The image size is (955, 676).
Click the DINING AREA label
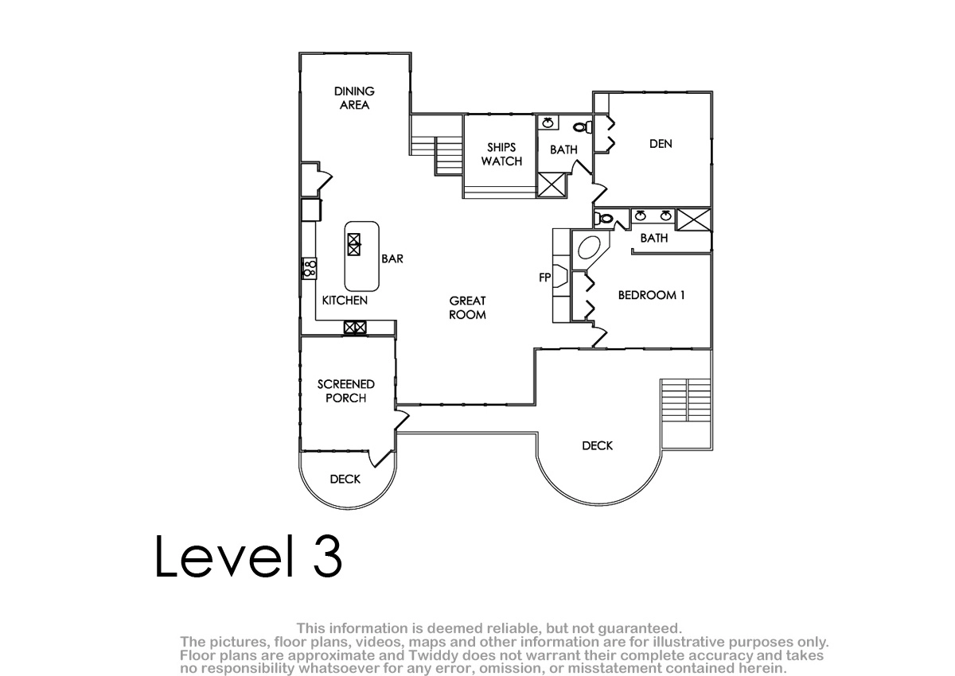pyautogui.click(x=354, y=98)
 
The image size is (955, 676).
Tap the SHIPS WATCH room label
pyautogui.click(x=501, y=154)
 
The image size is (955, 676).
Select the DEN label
pyautogui.click(x=661, y=144)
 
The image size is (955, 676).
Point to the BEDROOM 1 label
pyautogui.click(x=651, y=295)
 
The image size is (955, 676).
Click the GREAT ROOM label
pyautogui.click(x=467, y=308)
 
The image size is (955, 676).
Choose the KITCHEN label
pyautogui.click(x=345, y=301)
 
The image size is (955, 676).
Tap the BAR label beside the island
pyautogui.click(x=392, y=258)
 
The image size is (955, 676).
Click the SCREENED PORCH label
pyautogui.click(x=345, y=391)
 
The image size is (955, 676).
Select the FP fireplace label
pyautogui.click(x=545, y=278)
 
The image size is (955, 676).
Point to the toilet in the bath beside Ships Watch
pyautogui.click(x=583, y=126)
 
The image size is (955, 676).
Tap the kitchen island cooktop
pyautogui.click(x=354, y=244)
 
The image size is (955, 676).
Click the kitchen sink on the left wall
pyautogui.click(x=310, y=268)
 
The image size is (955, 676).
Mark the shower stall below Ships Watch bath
pyautogui.click(x=552, y=185)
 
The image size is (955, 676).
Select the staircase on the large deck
pyautogui.click(x=685, y=400)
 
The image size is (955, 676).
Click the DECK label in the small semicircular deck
pyautogui.click(x=345, y=480)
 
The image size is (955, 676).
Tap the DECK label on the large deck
pyautogui.click(x=597, y=445)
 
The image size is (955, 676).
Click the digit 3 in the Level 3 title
pyautogui.click(x=327, y=556)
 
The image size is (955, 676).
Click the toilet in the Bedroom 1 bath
pyautogui.click(x=604, y=219)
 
